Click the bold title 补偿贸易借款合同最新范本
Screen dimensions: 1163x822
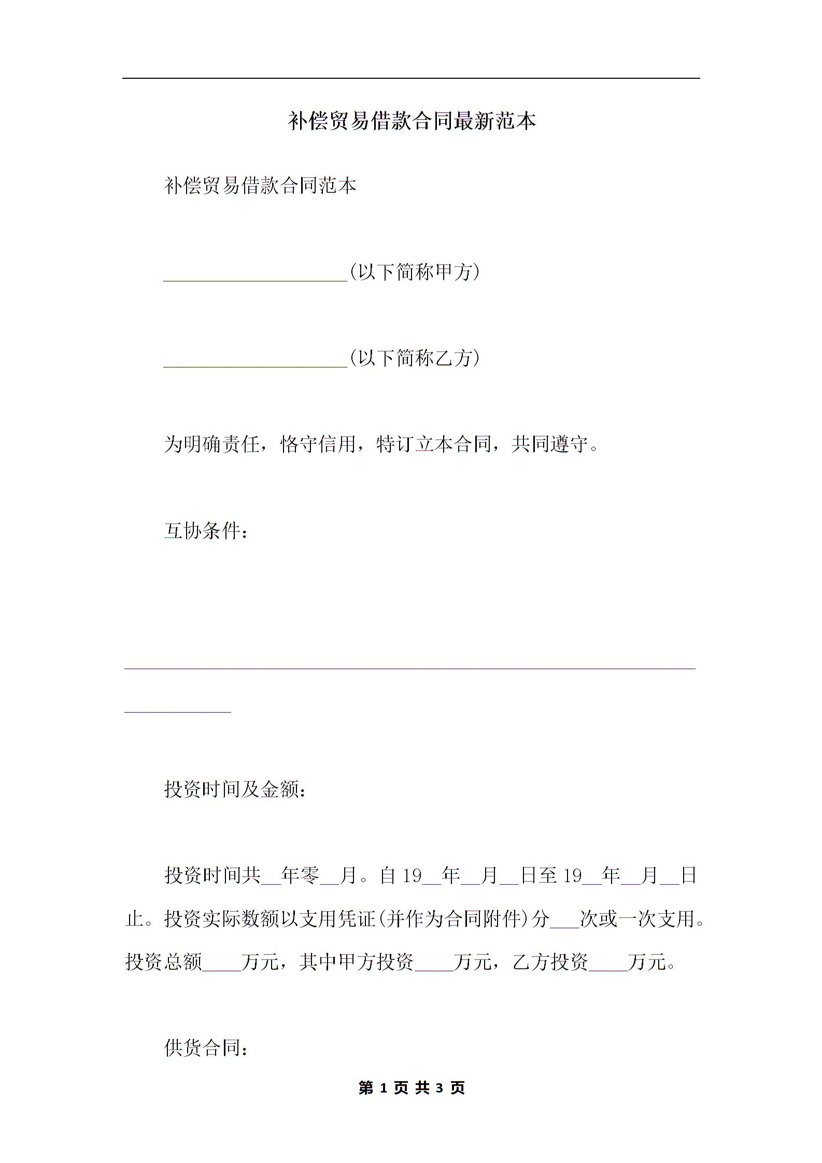[411, 121]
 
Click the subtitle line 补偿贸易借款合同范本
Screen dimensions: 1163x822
[260, 186]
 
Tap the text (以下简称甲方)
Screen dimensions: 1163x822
[415, 272]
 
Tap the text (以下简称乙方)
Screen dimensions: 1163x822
[415, 358]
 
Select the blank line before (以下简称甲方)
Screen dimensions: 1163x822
[255, 279]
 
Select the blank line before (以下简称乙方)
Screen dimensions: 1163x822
[255, 365]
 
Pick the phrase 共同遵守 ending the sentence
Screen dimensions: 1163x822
[549, 444]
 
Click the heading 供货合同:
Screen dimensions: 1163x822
[206, 1048]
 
